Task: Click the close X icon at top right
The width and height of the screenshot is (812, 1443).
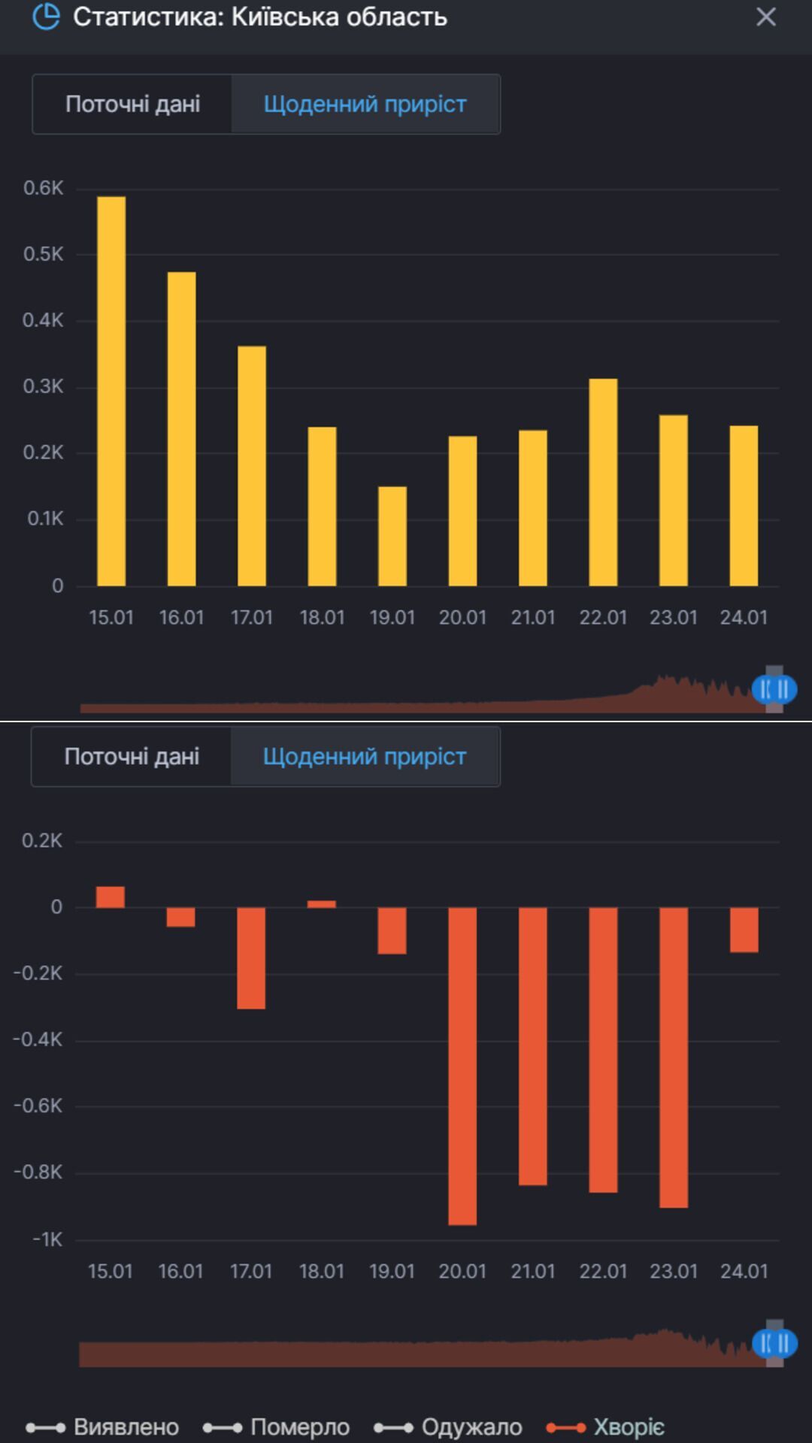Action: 765,17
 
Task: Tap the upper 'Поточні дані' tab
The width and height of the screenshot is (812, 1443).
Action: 132,104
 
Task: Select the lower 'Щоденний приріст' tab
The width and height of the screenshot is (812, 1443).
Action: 365,756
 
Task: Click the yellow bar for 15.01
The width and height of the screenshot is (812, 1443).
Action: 111,391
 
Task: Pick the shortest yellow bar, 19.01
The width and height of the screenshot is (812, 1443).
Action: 392,536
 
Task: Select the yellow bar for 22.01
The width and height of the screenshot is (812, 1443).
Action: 603,482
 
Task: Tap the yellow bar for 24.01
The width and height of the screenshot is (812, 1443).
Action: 744,505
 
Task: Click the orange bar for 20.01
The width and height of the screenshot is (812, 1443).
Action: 462,1066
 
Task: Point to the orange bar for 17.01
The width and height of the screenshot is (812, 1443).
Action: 251,957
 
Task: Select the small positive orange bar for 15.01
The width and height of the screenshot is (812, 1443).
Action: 111,897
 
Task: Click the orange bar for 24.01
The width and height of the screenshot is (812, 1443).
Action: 744,930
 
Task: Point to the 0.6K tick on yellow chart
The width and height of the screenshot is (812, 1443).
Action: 44,188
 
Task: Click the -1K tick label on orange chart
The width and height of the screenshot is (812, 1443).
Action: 47,1239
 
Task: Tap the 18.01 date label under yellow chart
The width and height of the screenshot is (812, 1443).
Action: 322,618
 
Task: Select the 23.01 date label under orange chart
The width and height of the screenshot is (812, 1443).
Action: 674,1272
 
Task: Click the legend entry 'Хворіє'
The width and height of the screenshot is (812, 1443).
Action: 606,1426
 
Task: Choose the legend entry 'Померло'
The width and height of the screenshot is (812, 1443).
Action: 277,1426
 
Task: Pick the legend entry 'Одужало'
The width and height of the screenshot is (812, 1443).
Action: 449,1426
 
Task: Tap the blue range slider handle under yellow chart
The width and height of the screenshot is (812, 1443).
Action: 774,688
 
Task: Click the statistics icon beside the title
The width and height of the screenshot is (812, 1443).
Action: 46,17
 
